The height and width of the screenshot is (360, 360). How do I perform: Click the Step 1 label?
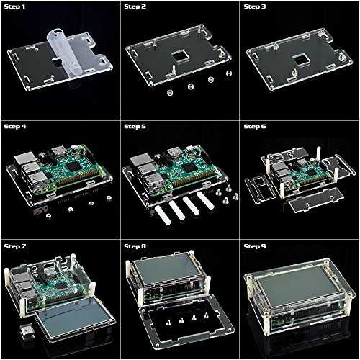coord(14,6)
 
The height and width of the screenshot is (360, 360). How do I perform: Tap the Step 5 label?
coord(135,127)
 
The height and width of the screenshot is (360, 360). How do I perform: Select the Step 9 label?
coord(255,246)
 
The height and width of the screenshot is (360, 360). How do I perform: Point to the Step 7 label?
coord(14,246)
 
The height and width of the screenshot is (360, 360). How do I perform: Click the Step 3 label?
coord(255,6)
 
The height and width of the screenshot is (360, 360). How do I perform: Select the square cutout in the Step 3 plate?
coord(300,60)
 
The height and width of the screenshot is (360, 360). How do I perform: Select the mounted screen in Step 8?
coord(166,269)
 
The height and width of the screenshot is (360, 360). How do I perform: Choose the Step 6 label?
coord(255,127)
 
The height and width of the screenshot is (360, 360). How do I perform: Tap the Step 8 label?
coord(135,246)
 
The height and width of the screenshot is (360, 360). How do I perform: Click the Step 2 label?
coord(135,6)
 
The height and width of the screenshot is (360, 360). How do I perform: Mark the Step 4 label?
coord(15,127)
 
